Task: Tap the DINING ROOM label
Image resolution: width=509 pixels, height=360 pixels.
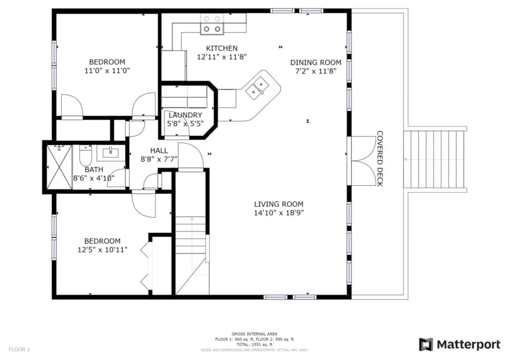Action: (316, 62)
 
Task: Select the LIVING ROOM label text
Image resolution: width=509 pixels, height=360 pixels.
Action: (278, 204)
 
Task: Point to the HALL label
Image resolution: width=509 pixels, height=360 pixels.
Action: (159, 150)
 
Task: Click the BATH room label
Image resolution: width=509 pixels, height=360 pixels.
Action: (94, 169)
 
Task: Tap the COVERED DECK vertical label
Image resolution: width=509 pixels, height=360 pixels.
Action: (380, 159)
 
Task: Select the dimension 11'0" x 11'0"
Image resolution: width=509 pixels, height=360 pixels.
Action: (107, 71)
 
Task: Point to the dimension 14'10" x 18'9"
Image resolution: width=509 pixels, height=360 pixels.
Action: (278, 213)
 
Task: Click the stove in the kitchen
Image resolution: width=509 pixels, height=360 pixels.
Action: (211, 24)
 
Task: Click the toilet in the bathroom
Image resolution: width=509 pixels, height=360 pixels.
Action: (85, 155)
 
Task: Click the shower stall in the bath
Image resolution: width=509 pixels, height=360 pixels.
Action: (59, 167)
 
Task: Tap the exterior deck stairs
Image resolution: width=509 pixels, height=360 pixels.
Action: (434, 159)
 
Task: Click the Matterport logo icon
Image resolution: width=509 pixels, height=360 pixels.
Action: (426, 345)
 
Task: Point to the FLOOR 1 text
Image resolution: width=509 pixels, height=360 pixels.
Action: (19, 349)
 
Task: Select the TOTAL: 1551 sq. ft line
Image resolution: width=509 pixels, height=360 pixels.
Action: (254, 345)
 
